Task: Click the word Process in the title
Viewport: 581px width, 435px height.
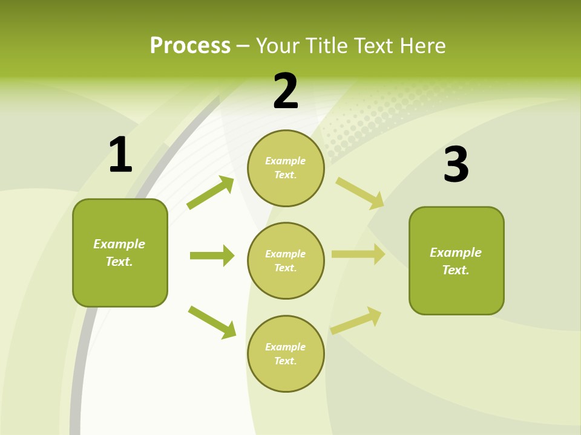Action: pos(190,45)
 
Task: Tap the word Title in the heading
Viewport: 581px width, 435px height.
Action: pos(327,45)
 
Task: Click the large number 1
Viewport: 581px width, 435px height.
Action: pos(120,155)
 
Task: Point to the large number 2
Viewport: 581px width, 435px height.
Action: pos(286,91)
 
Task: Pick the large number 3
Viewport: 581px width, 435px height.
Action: pos(456,164)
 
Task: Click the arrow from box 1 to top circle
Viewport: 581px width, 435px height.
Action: pos(211,193)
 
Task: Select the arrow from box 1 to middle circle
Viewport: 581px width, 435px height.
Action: pos(212,256)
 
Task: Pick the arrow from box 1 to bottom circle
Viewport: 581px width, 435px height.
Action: pos(212,322)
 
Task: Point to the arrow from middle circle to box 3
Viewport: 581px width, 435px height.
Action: pos(358,254)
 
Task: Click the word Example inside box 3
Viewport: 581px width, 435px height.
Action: pos(456,253)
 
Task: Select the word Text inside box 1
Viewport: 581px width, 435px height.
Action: pos(119,262)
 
